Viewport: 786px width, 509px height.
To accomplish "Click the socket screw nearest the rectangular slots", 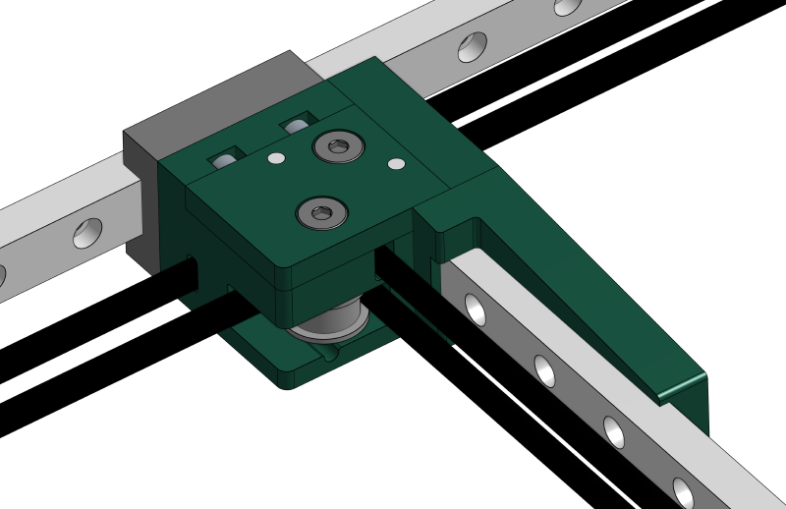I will pos(338,147).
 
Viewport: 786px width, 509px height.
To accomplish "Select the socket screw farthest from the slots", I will pos(322,212).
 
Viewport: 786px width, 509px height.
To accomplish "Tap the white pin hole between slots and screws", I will pos(276,158).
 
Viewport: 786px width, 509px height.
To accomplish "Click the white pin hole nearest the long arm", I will pos(396,164).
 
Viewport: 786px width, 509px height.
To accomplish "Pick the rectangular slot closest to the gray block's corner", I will pos(225,157).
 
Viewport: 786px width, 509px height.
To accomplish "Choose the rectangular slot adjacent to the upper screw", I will pos(295,125).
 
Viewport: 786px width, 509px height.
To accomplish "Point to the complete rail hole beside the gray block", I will pos(87,233).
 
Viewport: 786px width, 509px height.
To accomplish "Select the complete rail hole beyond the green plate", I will pos(472,46).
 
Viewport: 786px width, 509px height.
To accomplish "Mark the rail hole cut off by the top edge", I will pos(567,6).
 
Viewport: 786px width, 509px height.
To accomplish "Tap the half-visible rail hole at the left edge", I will pos(2,276).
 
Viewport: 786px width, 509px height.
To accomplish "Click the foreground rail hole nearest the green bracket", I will pos(476,310).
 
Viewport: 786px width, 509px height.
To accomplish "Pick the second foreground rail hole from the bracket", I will pos(544,370).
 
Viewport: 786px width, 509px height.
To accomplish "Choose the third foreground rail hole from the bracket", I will pos(613,431).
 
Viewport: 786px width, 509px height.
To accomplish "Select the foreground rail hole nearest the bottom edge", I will pos(683,492).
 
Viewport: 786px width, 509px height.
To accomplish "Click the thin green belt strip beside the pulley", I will pos(417,314).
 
